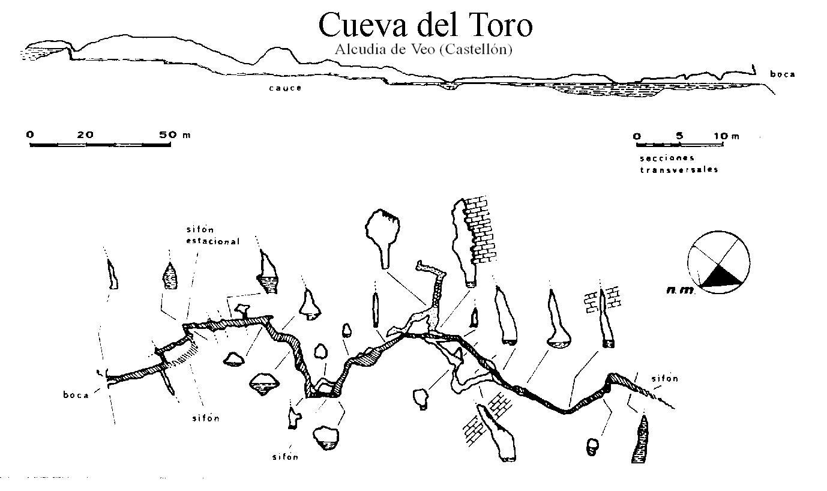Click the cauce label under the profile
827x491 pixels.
point(285,88)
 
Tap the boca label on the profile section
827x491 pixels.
point(783,74)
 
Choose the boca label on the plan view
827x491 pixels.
point(76,395)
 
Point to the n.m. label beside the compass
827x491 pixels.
point(680,291)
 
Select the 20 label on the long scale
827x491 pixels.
point(85,135)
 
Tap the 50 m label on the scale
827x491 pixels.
point(175,135)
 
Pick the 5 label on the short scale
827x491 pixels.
point(679,136)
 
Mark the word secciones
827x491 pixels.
point(667,158)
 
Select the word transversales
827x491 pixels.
point(679,170)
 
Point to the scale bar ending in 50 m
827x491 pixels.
point(100,145)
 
